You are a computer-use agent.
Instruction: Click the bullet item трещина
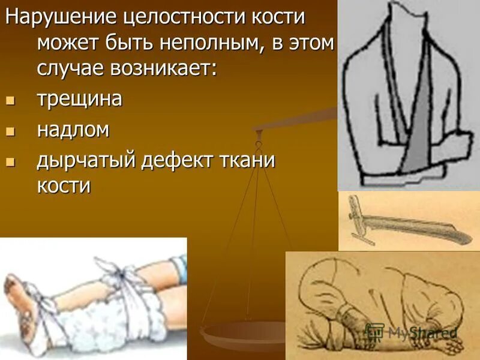coord(80,98)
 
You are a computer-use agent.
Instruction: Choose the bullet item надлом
coord(73,130)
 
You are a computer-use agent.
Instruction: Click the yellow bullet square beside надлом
coord(9,131)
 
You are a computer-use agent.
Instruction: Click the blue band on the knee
coord(177,267)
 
